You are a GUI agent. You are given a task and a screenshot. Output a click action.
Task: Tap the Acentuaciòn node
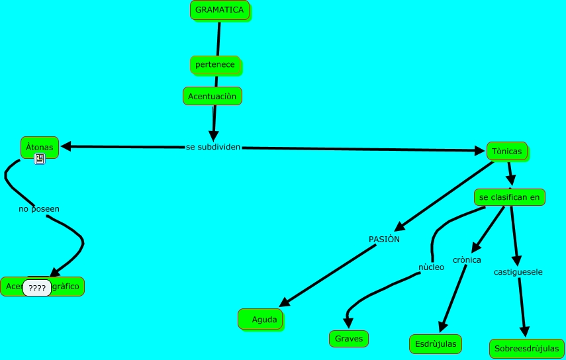point(212,96)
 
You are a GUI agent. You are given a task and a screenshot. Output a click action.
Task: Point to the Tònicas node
point(507,152)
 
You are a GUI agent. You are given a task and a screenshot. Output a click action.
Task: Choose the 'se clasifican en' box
point(510,197)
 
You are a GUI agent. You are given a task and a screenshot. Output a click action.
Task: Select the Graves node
point(348,338)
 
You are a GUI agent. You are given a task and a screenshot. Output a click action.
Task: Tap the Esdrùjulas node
point(435,343)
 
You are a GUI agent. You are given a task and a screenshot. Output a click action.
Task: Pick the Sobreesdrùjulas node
point(527,348)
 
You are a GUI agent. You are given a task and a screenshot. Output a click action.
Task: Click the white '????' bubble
point(37,288)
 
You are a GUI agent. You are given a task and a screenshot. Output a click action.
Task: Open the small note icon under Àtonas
point(40,159)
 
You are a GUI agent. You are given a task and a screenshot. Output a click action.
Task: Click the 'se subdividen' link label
point(213,146)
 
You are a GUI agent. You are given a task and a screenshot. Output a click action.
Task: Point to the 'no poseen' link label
point(39,208)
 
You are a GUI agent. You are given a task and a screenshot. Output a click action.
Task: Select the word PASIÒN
point(384,238)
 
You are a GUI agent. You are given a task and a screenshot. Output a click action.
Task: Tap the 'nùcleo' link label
point(431,267)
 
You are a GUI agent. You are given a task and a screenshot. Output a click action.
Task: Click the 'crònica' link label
point(467,259)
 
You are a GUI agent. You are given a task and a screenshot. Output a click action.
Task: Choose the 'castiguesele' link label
point(518,271)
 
